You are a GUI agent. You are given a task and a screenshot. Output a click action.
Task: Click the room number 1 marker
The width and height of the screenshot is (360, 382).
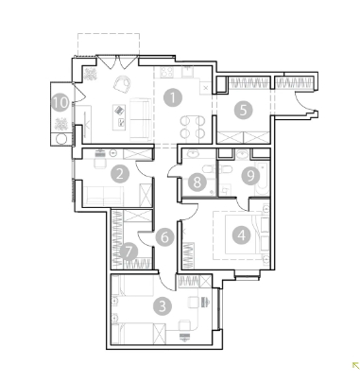[x=173, y=97]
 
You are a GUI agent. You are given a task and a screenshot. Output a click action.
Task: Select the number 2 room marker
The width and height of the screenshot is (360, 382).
[x=120, y=174]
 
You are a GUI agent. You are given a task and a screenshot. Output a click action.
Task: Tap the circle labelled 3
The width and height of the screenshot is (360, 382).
[x=163, y=306]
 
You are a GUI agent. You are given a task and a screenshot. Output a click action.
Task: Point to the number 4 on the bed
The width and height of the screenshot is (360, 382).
[x=242, y=234]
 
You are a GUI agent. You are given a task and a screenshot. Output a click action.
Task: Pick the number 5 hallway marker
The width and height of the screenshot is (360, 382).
[x=244, y=111]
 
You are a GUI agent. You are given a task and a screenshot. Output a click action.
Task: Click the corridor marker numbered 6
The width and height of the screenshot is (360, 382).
[x=164, y=237]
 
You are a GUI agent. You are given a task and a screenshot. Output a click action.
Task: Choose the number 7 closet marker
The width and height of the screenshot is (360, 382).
[x=129, y=252]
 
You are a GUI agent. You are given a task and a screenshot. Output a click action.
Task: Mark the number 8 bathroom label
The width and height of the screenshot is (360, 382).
[x=197, y=182]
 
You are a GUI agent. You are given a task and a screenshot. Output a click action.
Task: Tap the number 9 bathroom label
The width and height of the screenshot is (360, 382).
[x=250, y=176]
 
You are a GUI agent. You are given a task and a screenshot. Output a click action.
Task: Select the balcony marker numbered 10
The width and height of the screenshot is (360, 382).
[x=60, y=102]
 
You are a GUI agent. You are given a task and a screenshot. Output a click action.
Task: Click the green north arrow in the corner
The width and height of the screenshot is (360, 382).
[x=355, y=366]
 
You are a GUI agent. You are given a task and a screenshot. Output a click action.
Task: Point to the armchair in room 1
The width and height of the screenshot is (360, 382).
[x=122, y=84]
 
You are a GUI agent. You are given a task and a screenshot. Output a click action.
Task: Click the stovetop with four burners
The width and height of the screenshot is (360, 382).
[x=166, y=72]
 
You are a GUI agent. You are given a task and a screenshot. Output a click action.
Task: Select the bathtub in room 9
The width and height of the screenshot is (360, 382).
[x=262, y=179]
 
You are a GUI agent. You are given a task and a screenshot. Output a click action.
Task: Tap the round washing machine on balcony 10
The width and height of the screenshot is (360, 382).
[x=61, y=139]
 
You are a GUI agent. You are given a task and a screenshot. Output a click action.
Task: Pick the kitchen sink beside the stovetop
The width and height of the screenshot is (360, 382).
[x=188, y=72]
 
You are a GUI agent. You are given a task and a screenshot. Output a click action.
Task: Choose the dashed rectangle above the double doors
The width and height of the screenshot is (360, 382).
[x=109, y=44]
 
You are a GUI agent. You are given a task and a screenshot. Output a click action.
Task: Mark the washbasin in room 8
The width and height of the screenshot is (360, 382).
[x=192, y=153]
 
